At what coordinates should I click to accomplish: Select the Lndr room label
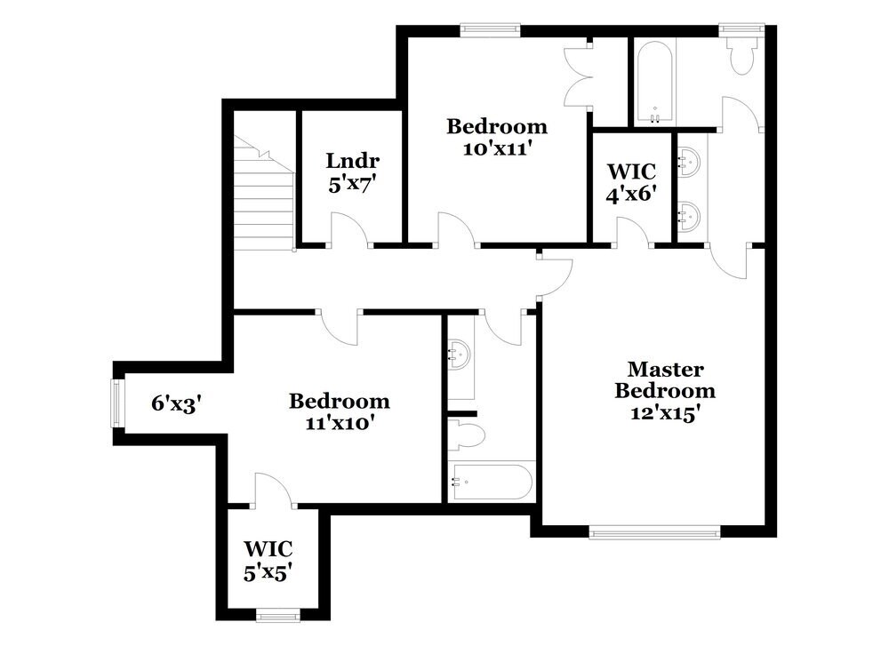coord(353,161)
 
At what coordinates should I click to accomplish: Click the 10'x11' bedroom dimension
coord(496,148)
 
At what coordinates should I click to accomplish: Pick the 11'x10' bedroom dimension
coord(339,423)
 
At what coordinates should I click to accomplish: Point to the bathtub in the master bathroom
coord(654,82)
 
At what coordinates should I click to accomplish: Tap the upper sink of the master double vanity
coord(690,163)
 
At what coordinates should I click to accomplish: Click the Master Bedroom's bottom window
coord(654,533)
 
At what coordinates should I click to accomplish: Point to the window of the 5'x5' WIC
coord(272,613)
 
